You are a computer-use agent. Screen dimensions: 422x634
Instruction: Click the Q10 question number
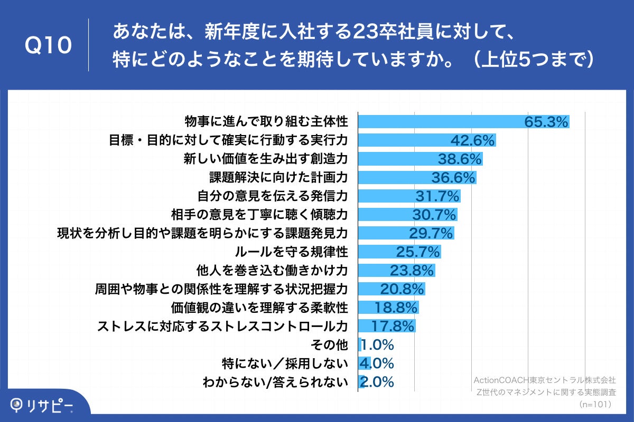coord(49,46)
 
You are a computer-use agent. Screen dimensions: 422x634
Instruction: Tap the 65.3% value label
coord(546,122)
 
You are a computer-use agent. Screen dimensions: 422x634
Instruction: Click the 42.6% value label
coord(472,140)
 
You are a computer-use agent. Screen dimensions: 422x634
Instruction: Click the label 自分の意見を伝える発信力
coord(272,196)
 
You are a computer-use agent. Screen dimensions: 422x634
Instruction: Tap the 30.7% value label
coord(434,215)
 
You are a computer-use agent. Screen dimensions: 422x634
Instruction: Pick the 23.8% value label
coord(412,271)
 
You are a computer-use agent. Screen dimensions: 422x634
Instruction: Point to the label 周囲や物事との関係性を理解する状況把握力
coord(221,289)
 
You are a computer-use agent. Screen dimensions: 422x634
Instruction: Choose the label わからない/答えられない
coord(275,382)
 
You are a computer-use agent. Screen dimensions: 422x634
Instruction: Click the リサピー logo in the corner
coord(42,405)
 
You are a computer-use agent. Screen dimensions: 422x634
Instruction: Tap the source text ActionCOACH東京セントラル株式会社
coord(544,380)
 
